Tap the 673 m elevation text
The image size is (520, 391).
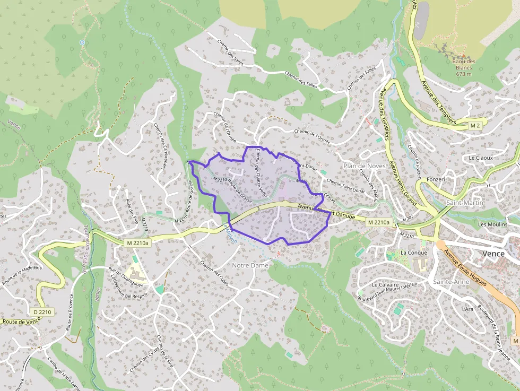464,74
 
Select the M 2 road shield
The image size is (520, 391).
475,125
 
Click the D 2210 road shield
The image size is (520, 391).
41,311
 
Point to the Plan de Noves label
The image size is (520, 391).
365,166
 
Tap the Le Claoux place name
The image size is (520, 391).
481,158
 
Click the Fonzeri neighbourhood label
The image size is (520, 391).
435,179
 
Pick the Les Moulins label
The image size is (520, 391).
492,224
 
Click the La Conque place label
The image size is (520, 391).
414,253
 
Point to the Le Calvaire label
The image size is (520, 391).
385,284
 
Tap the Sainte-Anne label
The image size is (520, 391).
451,282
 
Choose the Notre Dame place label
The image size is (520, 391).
250,265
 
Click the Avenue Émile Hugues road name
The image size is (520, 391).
465,268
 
